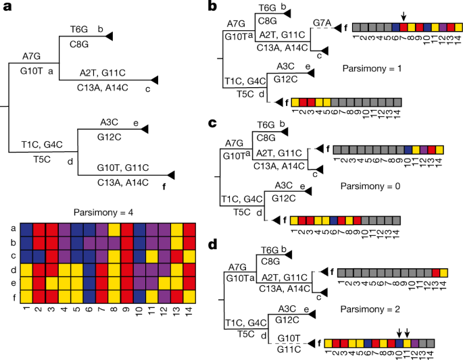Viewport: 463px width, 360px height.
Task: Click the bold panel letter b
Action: pos(212,7)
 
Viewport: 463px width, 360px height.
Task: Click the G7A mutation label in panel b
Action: pos(322,23)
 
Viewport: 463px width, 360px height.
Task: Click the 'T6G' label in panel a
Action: pos(79,30)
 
